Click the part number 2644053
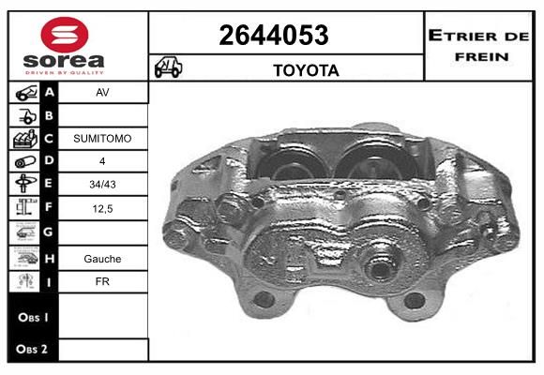pos(274,35)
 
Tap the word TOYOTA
pos(306,70)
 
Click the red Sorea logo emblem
pos(65,35)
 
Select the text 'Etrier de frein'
pos(478,46)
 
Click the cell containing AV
pos(102,92)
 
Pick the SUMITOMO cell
pos(102,139)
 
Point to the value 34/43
pos(102,184)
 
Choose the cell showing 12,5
pos(102,208)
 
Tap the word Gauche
pos(102,259)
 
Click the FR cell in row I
pos(102,281)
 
